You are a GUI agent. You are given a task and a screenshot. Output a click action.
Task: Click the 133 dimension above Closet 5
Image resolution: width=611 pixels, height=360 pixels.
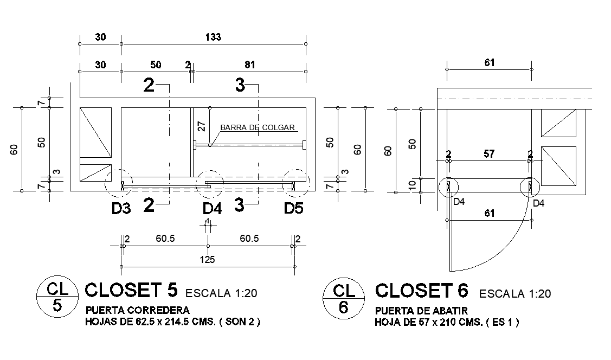[213, 37]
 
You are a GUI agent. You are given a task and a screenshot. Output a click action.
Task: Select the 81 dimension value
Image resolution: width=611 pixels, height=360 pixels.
[249, 65]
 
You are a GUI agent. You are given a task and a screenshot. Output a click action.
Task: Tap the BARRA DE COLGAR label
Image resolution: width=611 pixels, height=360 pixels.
[257, 128]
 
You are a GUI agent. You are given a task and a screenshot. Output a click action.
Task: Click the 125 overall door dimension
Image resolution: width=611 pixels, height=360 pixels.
[207, 260]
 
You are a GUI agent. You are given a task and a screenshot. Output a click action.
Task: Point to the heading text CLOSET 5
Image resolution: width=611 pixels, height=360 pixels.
[131, 291]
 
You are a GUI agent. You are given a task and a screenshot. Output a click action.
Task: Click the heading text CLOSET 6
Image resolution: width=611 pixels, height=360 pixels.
[421, 291]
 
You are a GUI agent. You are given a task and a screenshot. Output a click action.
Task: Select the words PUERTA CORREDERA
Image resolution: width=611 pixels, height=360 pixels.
[138, 311]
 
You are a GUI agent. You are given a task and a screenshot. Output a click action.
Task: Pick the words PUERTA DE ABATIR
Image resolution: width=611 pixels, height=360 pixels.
[421, 311]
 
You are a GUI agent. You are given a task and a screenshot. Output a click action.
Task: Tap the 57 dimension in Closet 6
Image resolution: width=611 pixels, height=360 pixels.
[489, 154]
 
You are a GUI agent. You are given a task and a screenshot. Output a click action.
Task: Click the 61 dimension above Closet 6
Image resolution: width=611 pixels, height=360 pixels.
[489, 63]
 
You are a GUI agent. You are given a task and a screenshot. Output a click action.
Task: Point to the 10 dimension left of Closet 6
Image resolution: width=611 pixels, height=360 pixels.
[412, 185]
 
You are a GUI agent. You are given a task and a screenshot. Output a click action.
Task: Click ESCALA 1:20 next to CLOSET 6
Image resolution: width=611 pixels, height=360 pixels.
[514, 294]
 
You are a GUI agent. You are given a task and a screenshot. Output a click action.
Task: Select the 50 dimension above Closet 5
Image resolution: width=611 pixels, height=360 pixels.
[156, 65]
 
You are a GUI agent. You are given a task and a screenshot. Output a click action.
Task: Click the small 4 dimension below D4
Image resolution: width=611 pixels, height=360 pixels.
[208, 222]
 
